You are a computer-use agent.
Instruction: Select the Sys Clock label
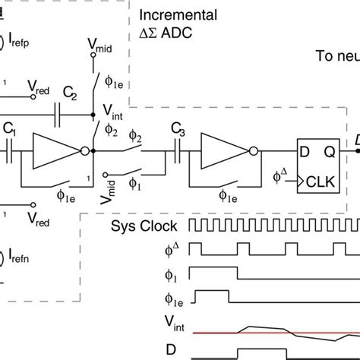pos(144,226)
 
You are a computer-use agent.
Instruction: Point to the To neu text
pos(336,55)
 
